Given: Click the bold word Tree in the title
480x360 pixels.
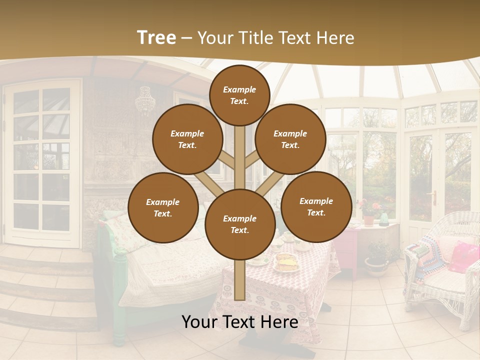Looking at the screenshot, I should [x=156, y=37].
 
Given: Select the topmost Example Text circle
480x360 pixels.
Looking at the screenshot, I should [x=239, y=95].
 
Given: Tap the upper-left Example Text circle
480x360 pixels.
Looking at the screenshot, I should [x=187, y=139].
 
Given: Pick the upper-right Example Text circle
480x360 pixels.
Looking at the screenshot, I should [x=290, y=139].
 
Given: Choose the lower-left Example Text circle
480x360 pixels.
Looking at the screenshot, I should [x=163, y=208].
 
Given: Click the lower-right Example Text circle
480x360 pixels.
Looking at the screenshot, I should [x=316, y=206].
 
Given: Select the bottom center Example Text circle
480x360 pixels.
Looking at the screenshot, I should [x=239, y=224].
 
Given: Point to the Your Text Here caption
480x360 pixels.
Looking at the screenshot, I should [x=239, y=322].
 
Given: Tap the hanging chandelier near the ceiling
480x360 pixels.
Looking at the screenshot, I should [x=145, y=100].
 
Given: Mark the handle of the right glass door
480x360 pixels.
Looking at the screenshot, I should [x=434, y=196].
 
